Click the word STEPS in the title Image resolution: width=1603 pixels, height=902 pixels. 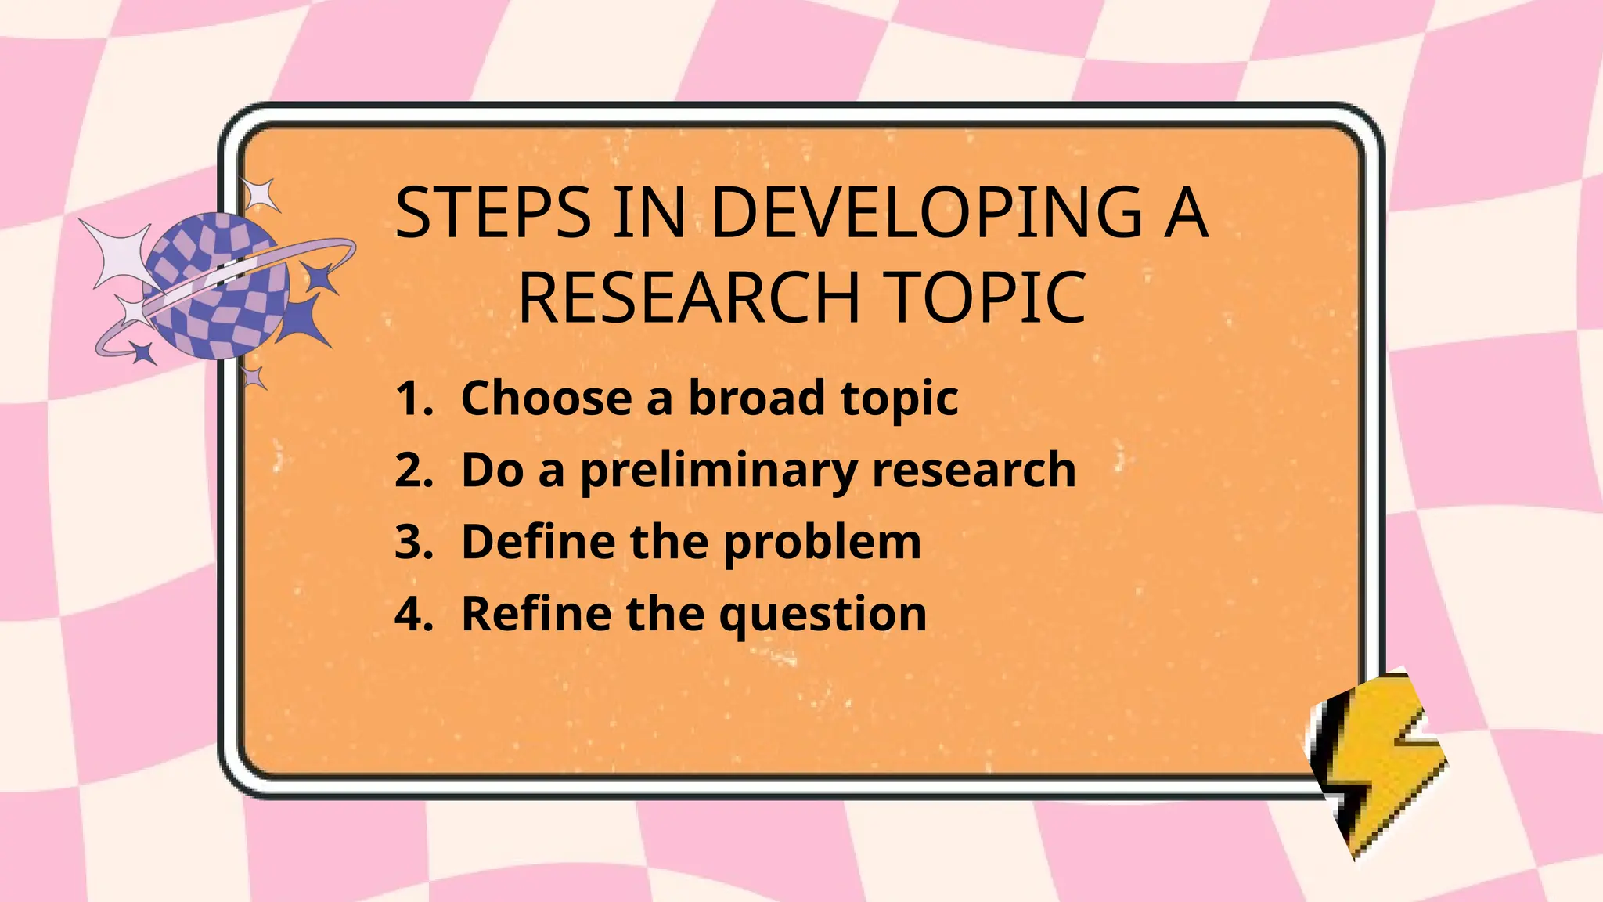[492, 213]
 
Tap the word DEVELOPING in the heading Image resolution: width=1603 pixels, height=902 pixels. [926, 213]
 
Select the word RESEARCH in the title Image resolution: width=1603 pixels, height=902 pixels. [690, 298]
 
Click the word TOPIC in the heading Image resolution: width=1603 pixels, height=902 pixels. [988, 298]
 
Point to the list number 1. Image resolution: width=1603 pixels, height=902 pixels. [412, 399]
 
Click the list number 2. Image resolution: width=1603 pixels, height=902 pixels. [413, 471]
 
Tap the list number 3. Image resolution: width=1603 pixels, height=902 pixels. [413, 542]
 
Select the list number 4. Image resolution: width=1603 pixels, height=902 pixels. [413, 613]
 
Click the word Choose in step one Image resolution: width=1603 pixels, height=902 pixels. [546, 399]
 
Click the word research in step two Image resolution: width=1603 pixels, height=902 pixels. [974, 471]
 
